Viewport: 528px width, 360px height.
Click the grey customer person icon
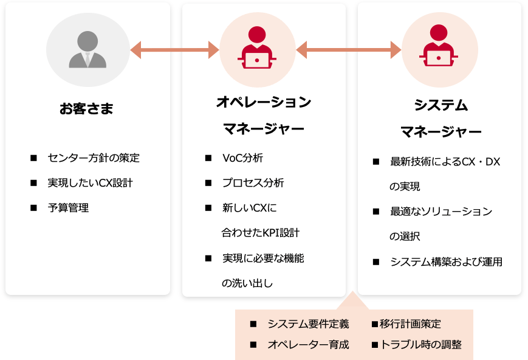[87, 50]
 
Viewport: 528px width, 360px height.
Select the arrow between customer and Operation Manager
[174, 50]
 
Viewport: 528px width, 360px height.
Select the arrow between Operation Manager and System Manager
[349, 50]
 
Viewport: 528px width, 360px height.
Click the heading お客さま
[86, 109]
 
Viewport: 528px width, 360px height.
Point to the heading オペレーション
[264, 102]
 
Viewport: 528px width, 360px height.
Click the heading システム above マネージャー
[441, 105]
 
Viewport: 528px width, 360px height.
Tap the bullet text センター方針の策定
[94, 158]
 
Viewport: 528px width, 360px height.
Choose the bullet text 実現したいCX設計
[90, 183]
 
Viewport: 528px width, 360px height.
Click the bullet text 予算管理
[68, 208]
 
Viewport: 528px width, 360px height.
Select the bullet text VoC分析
[242, 158]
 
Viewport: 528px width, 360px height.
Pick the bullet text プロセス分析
[253, 183]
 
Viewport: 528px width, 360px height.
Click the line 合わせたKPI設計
[260, 233]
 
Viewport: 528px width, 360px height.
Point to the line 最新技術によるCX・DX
[445, 162]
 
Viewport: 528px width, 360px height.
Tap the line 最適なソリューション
[441, 212]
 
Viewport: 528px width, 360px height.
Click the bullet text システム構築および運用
[446, 261]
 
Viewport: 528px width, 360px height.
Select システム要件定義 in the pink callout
[308, 324]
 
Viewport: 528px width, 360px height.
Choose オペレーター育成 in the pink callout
[308, 345]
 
